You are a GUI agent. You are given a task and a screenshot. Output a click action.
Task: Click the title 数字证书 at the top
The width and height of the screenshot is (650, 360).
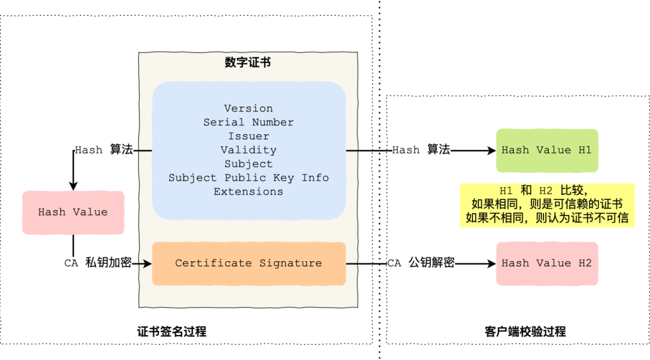point(247,63)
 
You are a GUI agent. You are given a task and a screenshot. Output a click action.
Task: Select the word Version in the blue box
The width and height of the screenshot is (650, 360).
point(249,108)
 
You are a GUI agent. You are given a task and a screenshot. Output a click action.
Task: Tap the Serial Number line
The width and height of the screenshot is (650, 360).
point(249,122)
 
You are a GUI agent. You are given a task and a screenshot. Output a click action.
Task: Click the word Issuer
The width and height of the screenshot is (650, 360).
point(249,136)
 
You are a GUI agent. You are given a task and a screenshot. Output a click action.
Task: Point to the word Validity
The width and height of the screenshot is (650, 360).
point(249,150)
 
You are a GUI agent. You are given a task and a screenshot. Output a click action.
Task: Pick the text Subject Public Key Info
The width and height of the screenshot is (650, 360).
point(249,178)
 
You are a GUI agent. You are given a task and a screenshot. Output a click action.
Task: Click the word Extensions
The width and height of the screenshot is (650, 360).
point(249,191)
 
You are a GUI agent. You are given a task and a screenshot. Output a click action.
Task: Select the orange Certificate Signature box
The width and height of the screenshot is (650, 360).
point(249,263)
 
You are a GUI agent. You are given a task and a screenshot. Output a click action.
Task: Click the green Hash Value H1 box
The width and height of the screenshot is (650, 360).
point(546,150)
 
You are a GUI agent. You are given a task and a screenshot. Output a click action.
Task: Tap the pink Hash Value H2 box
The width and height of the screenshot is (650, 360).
point(546,263)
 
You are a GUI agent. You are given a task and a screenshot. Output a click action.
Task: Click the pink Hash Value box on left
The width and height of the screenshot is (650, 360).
point(73,212)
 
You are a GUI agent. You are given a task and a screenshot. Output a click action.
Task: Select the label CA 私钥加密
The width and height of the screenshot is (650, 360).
point(97,263)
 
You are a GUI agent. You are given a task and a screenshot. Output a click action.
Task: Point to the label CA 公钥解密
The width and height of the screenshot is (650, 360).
point(420,263)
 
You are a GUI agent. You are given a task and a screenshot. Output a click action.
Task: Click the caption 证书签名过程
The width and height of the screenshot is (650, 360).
point(172,332)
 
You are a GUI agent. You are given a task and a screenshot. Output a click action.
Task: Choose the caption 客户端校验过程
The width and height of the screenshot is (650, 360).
point(525,332)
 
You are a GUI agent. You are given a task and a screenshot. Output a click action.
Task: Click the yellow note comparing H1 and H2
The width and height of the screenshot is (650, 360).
point(546,205)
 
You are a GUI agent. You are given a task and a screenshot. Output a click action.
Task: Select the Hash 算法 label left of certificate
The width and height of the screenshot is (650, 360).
point(104,150)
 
